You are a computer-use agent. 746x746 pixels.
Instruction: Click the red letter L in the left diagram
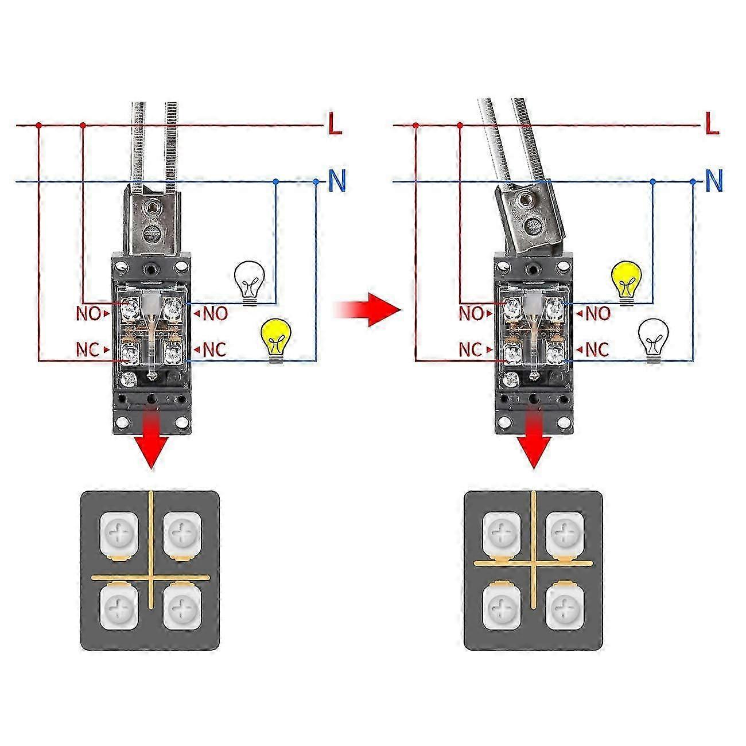335,123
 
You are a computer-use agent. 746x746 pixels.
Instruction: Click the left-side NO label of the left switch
88,313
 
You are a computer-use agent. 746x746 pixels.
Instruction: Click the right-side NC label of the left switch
214,349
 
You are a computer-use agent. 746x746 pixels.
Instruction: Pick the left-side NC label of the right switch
471,349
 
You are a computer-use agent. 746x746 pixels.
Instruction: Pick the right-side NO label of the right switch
597,313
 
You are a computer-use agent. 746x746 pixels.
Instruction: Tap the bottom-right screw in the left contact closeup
182,605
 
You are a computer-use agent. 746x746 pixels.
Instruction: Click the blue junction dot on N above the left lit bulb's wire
316,182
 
